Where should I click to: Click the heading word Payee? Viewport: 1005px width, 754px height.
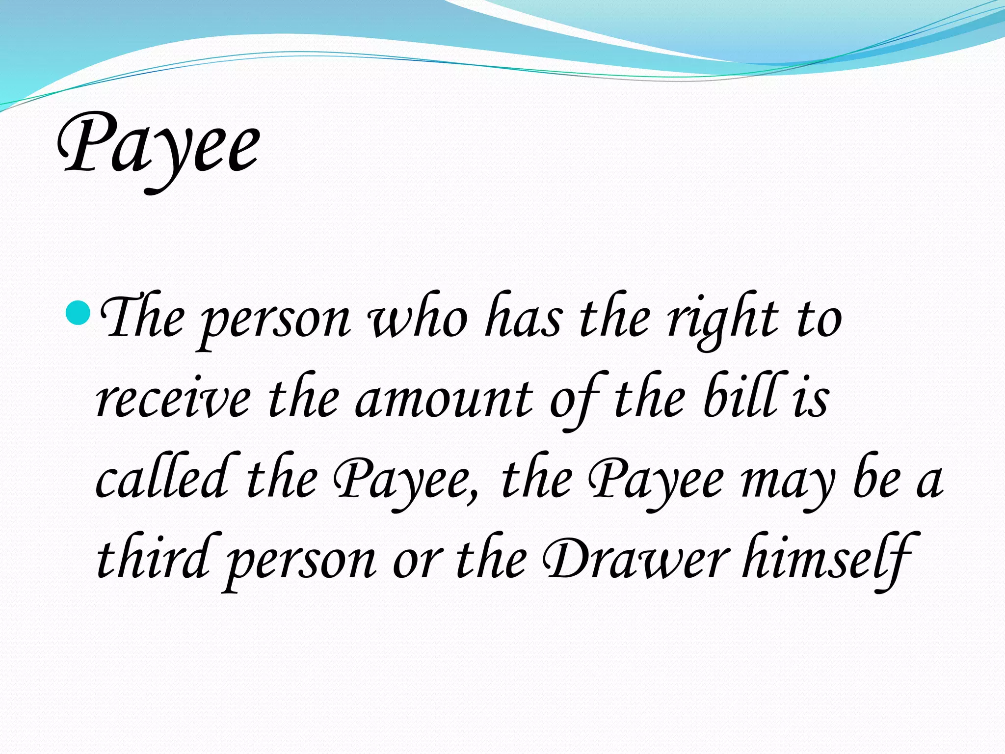[158, 147]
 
